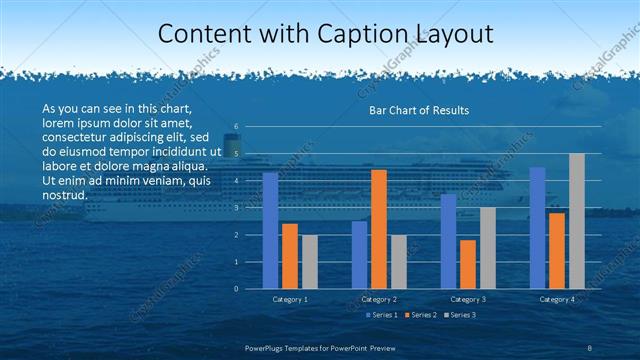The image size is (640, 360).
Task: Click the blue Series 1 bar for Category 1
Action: [270, 231]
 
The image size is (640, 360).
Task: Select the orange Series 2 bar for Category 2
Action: [379, 229]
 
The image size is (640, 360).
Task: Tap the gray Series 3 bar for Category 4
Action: [577, 221]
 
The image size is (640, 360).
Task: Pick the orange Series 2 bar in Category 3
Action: [468, 264]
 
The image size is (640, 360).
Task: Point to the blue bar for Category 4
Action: [537, 228]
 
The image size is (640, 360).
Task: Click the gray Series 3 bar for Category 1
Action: [309, 262]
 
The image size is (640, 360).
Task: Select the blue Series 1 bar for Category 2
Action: [359, 255]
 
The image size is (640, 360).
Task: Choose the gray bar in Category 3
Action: [487, 248]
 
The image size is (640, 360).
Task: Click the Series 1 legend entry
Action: [381, 315]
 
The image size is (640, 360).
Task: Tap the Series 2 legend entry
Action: [420, 315]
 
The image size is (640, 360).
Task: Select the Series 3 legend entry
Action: [459, 315]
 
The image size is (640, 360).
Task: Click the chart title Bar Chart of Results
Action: [419, 110]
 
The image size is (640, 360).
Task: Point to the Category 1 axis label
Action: [290, 299]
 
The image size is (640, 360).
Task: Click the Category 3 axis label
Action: [468, 299]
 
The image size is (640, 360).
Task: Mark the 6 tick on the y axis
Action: [236, 127]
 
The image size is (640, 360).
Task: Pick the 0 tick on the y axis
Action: [236, 289]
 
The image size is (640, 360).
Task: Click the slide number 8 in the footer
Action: [590, 346]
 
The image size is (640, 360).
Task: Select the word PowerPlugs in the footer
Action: [269, 346]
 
